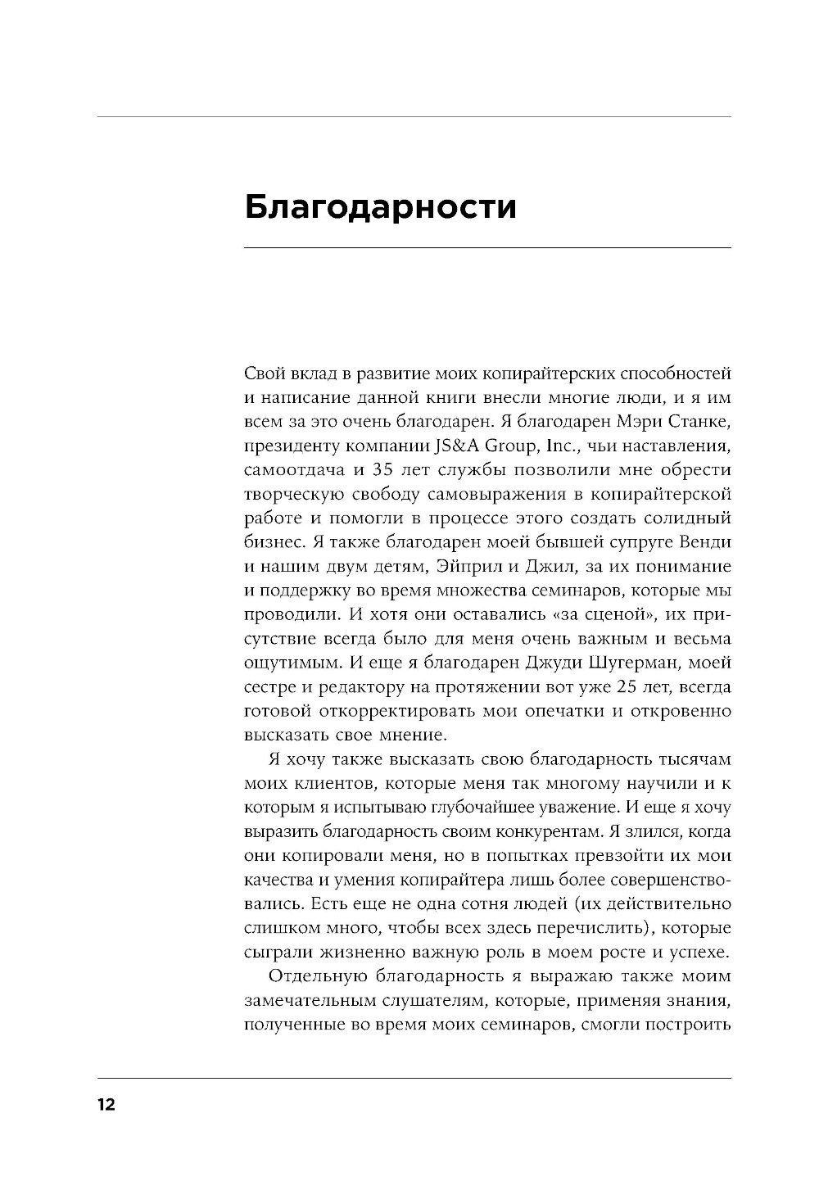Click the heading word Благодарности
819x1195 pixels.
tap(381, 208)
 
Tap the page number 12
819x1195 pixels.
tap(106, 1105)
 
